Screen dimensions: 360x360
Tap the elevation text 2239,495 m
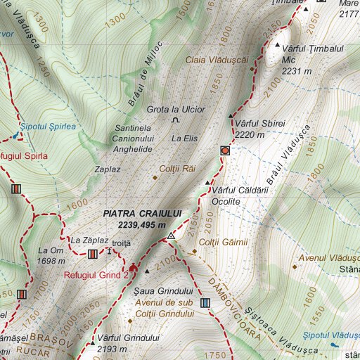pos(142,224)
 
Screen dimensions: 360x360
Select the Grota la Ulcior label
pos(176,109)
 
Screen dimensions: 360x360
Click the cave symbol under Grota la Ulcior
pos(175,121)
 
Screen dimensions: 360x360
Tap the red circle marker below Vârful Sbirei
pos(224,150)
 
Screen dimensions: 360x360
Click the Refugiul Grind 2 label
pos(96,275)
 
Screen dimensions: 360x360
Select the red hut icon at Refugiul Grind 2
pos(133,268)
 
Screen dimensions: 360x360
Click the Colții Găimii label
pos(224,243)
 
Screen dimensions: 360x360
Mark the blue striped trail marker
pos(205,302)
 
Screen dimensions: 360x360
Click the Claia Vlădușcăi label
pos(217,60)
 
